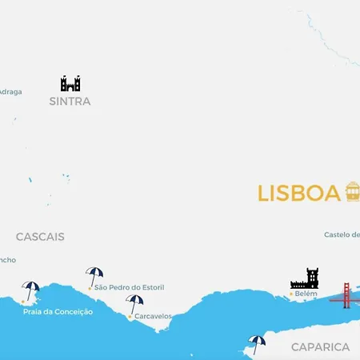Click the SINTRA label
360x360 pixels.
pos(70,102)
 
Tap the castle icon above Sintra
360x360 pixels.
pos(70,83)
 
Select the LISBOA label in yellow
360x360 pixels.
pos(299,194)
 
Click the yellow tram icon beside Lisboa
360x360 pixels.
pos(352,192)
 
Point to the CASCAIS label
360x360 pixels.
pos(40,237)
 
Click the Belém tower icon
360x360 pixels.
pos(305,278)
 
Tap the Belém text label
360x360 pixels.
pos(306,294)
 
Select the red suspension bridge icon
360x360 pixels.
pos(346,294)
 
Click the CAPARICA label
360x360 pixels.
pos(320,346)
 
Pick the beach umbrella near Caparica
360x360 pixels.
pos(257,343)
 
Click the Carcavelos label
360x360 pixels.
pos(153,316)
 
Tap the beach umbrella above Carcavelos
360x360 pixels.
pos(135,303)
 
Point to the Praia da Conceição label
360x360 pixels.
pos(58,311)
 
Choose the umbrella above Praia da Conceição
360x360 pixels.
pos(31,290)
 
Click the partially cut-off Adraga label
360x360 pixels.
pos(10,91)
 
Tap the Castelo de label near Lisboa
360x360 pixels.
pos(342,234)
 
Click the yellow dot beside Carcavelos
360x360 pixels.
pos(130,316)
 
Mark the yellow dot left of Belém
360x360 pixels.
pos(290,294)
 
